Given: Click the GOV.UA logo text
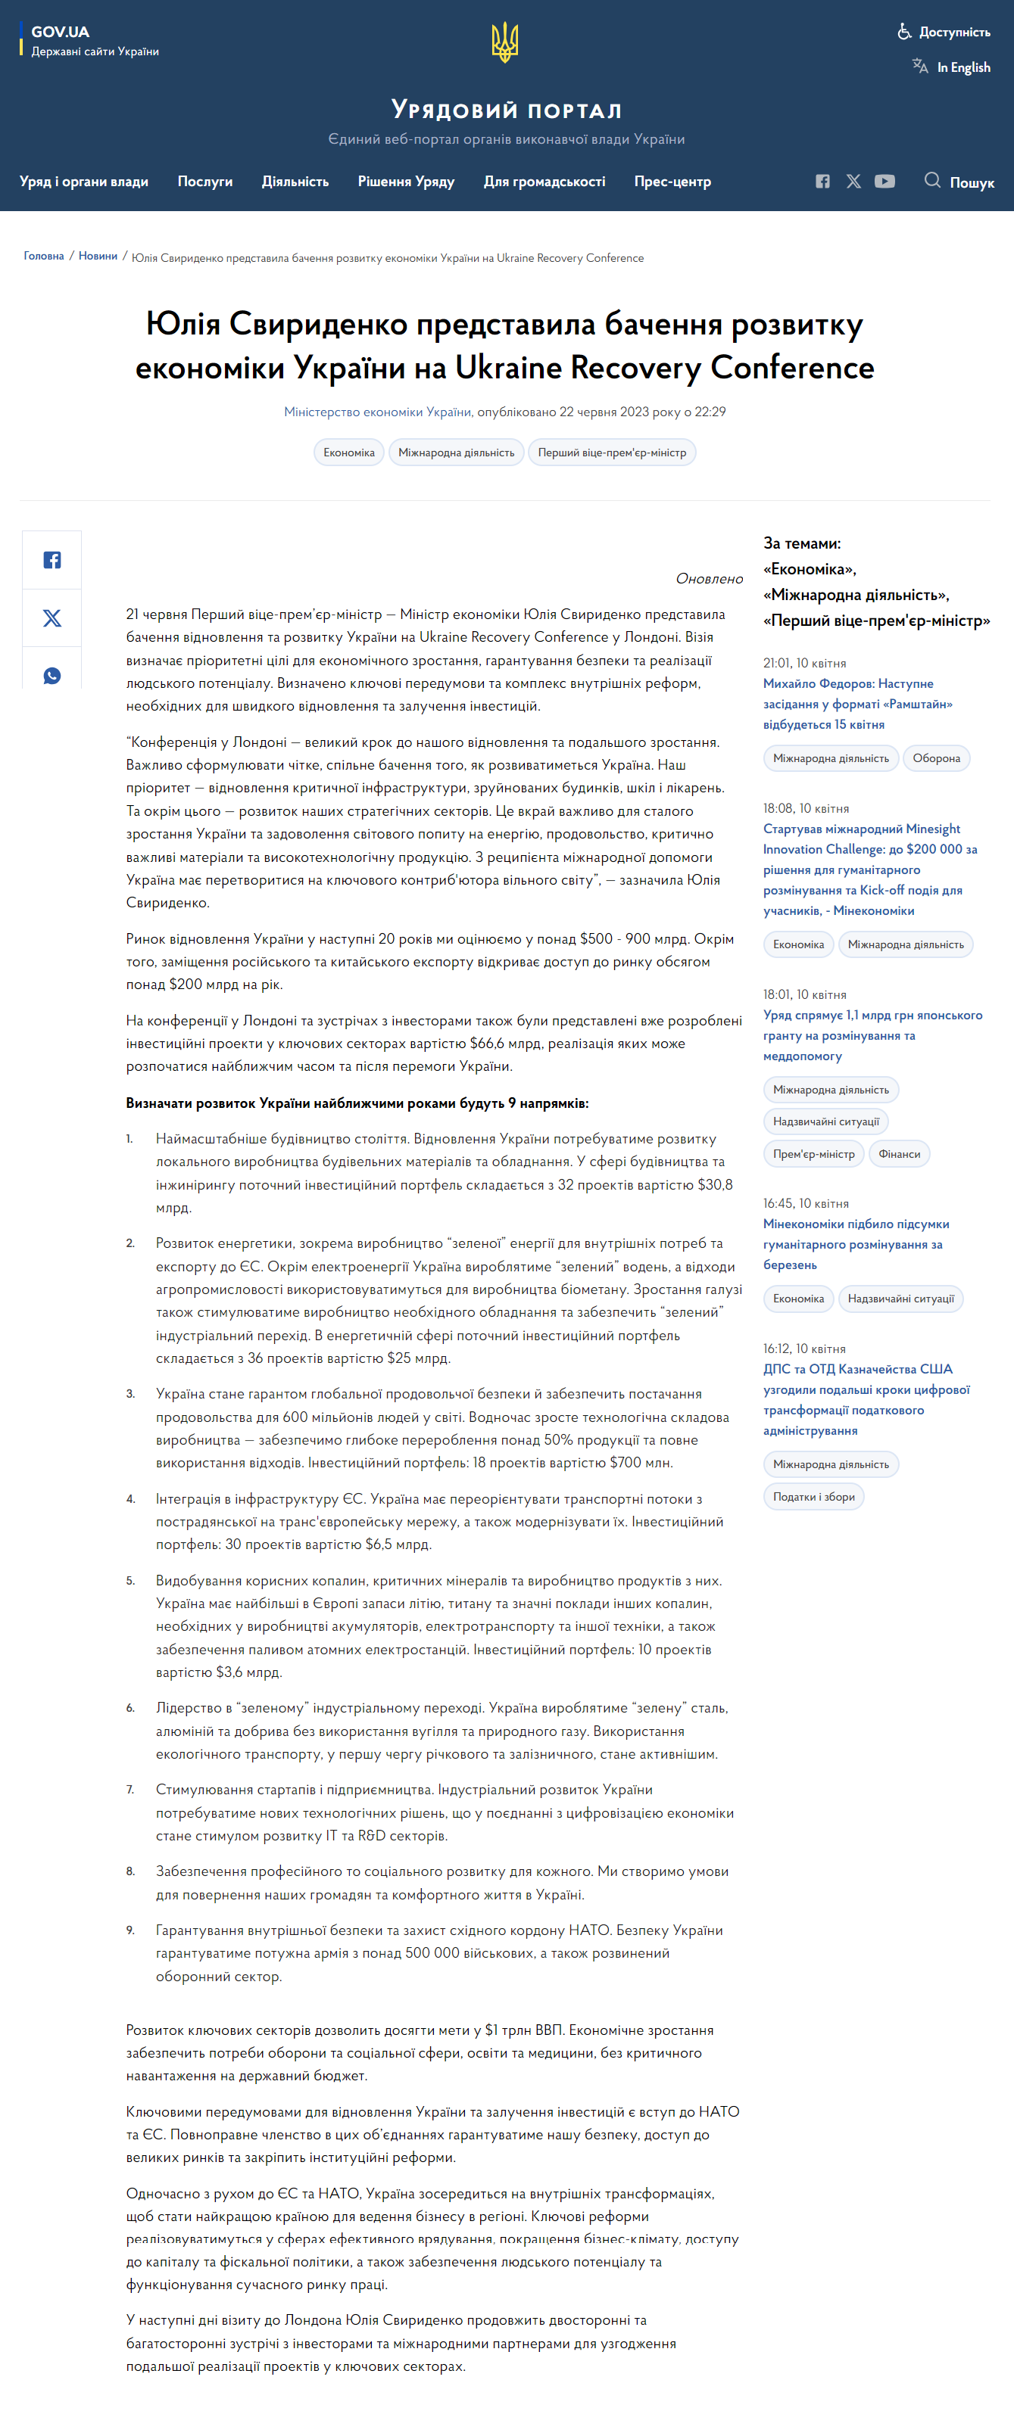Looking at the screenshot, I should coord(60,32).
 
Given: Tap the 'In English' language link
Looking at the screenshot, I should coord(963,67).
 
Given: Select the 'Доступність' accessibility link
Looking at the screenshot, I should coord(953,32).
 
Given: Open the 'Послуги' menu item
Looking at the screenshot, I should coord(205,182).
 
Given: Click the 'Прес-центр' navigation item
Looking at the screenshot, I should coord(672,182).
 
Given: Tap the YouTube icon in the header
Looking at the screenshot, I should coord(884,182).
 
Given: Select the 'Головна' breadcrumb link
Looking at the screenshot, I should coord(44,257).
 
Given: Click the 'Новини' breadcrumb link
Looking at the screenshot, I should coord(98,257).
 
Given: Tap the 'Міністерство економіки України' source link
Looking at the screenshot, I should coord(377,412).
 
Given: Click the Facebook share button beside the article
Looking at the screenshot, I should coord(52,560).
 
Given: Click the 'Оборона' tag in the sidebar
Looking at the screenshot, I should coord(935,758).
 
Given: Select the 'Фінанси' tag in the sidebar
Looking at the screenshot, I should coord(899,1154).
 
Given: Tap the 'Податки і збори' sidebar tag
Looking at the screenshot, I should coord(813,1497).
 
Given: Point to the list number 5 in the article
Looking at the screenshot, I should coord(130,1581).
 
